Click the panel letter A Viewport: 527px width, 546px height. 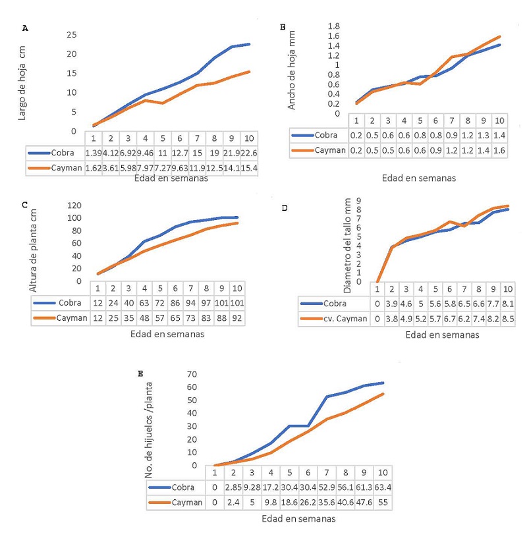[26, 28]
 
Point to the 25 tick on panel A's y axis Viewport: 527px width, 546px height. [72, 34]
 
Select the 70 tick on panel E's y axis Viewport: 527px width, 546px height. [194, 374]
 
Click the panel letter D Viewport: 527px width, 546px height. [285, 208]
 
